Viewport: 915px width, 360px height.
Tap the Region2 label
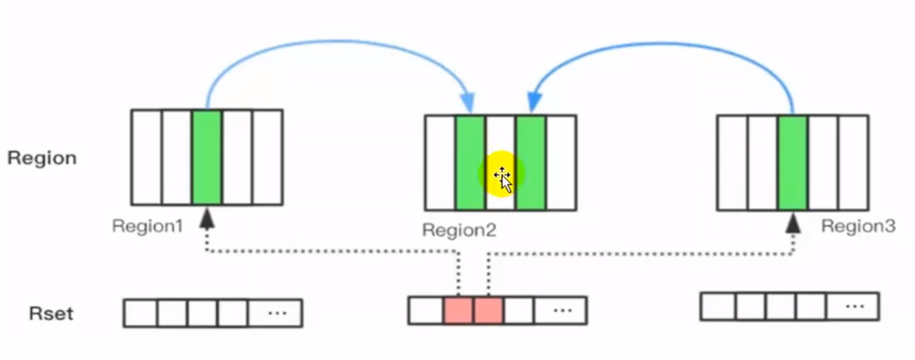(x=459, y=230)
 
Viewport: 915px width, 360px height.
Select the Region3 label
(x=858, y=226)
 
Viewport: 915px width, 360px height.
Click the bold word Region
(x=42, y=158)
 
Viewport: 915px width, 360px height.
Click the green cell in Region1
(x=207, y=157)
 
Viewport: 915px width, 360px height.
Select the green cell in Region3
(x=792, y=162)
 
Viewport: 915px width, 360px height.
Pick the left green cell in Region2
(x=470, y=162)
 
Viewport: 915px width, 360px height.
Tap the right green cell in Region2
(x=531, y=162)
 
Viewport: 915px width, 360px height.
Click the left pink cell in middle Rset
(x=458, y=310)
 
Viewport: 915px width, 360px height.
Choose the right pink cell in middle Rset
(x=488, y=310)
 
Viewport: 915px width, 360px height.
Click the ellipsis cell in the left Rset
(x=275, y=312)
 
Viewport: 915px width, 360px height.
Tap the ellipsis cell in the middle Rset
(x=561, y=310)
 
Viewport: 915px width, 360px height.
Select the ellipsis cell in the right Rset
(x=853, y=306)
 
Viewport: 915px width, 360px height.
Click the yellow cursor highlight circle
(x=501, y=174)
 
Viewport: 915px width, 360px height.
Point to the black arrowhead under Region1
(x=207, y=219)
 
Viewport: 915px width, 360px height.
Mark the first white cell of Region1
(x=147, y=157)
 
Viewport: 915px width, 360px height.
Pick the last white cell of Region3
(x=853, y=162)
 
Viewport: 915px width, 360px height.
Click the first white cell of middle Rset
(x=426, y=310)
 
